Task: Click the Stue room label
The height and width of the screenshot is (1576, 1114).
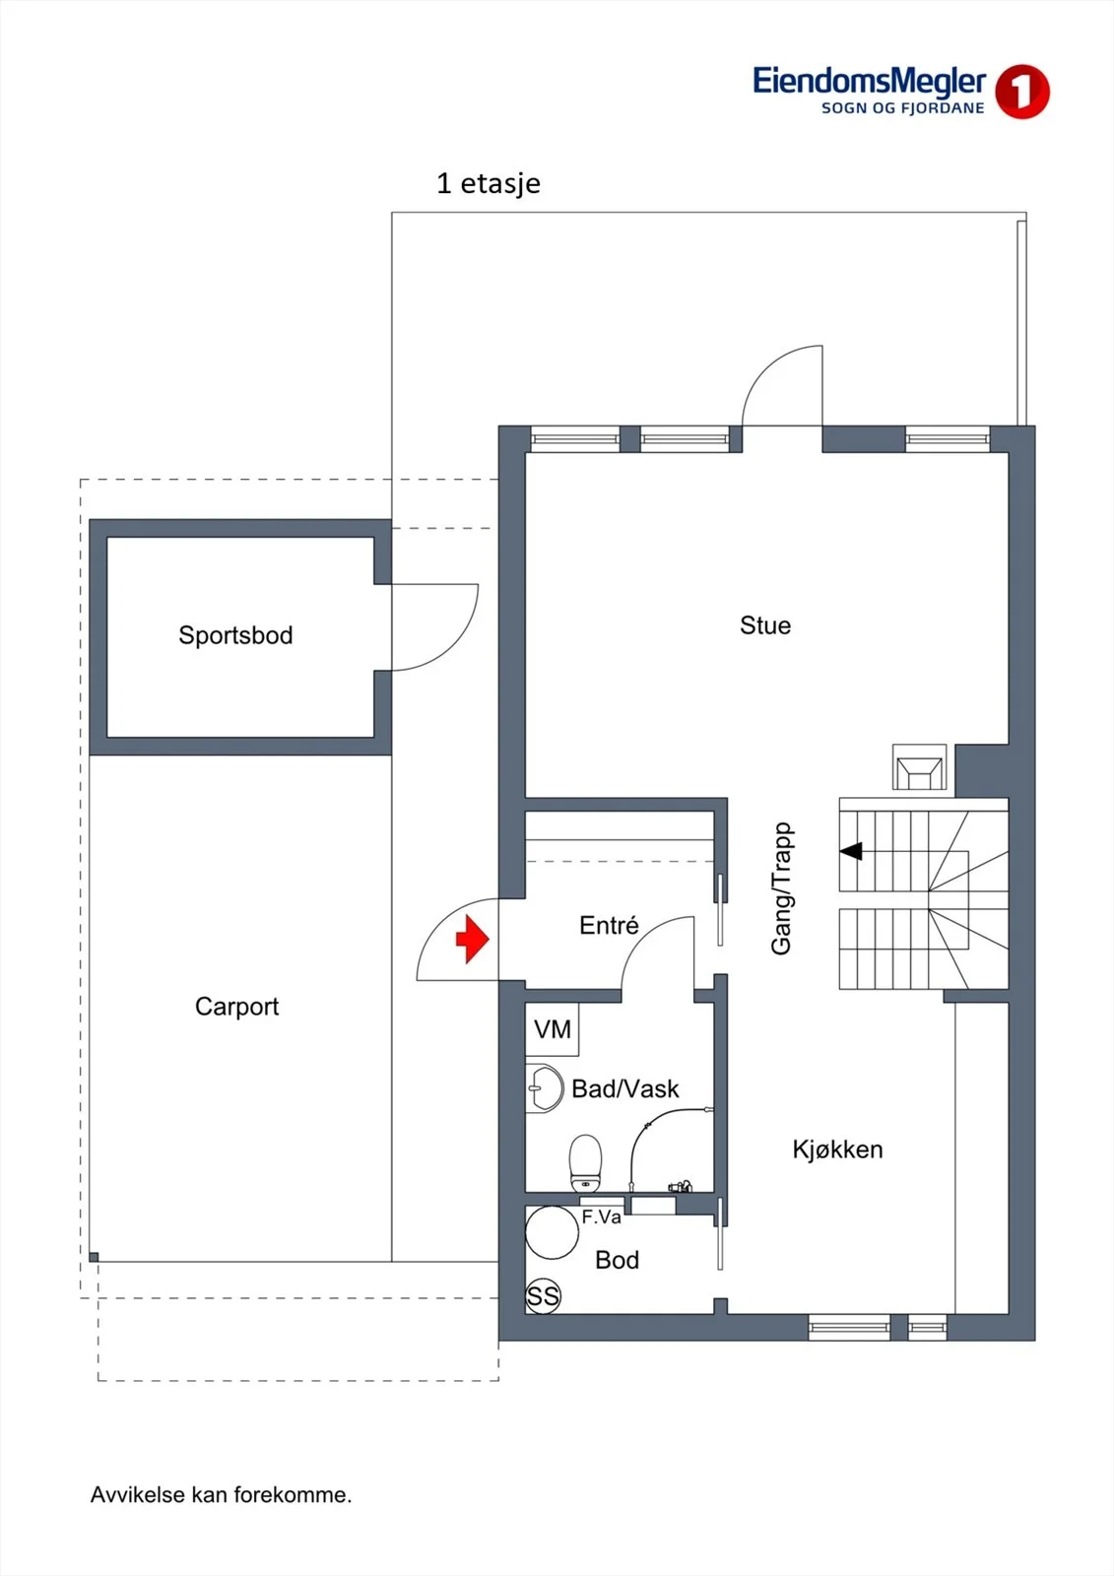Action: [765, 624]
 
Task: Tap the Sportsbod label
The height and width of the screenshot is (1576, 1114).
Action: [235, 635]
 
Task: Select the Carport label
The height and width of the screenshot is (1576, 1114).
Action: [237, 1007]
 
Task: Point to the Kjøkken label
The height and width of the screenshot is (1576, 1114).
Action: [837, 1149]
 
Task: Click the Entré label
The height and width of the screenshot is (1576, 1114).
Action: [609, 925]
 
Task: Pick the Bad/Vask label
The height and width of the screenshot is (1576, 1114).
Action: [624, 1088]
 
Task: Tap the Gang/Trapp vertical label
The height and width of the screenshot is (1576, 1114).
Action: [782, 887]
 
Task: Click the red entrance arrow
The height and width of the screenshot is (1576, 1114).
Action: [472, 938]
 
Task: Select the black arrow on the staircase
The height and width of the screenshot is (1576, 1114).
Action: [852, 851]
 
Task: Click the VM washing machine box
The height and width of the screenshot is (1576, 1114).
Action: [553, 1029]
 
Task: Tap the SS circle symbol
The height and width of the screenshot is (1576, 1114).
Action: [543, 1295]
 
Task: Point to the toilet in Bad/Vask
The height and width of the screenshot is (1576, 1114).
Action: [585, 1163]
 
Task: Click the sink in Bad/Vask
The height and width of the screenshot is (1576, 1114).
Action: [544, 1087]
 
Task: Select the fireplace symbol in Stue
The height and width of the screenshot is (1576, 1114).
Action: [920, 767]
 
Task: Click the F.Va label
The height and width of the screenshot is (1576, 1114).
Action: [601, 1217]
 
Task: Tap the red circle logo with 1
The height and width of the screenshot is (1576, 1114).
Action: [1021, 92]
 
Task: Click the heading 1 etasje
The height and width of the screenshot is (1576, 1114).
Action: [489, 183]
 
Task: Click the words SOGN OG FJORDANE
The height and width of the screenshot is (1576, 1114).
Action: [903, 108]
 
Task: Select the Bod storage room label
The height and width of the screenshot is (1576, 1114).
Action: [618, 1260]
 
